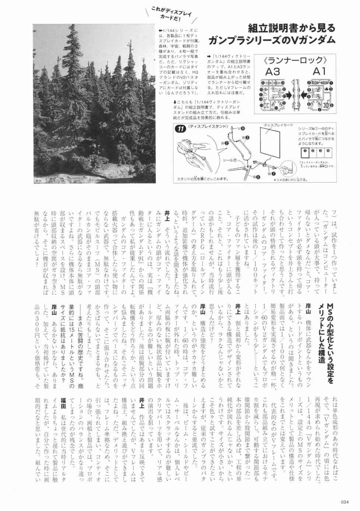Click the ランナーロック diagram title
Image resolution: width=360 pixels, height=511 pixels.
tap(296, 60)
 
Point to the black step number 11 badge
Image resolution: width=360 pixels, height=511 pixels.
tap(181, 129)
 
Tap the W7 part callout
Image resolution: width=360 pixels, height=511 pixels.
tap(272, 173)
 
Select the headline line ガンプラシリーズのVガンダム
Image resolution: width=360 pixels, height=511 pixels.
tap(272, 40)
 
